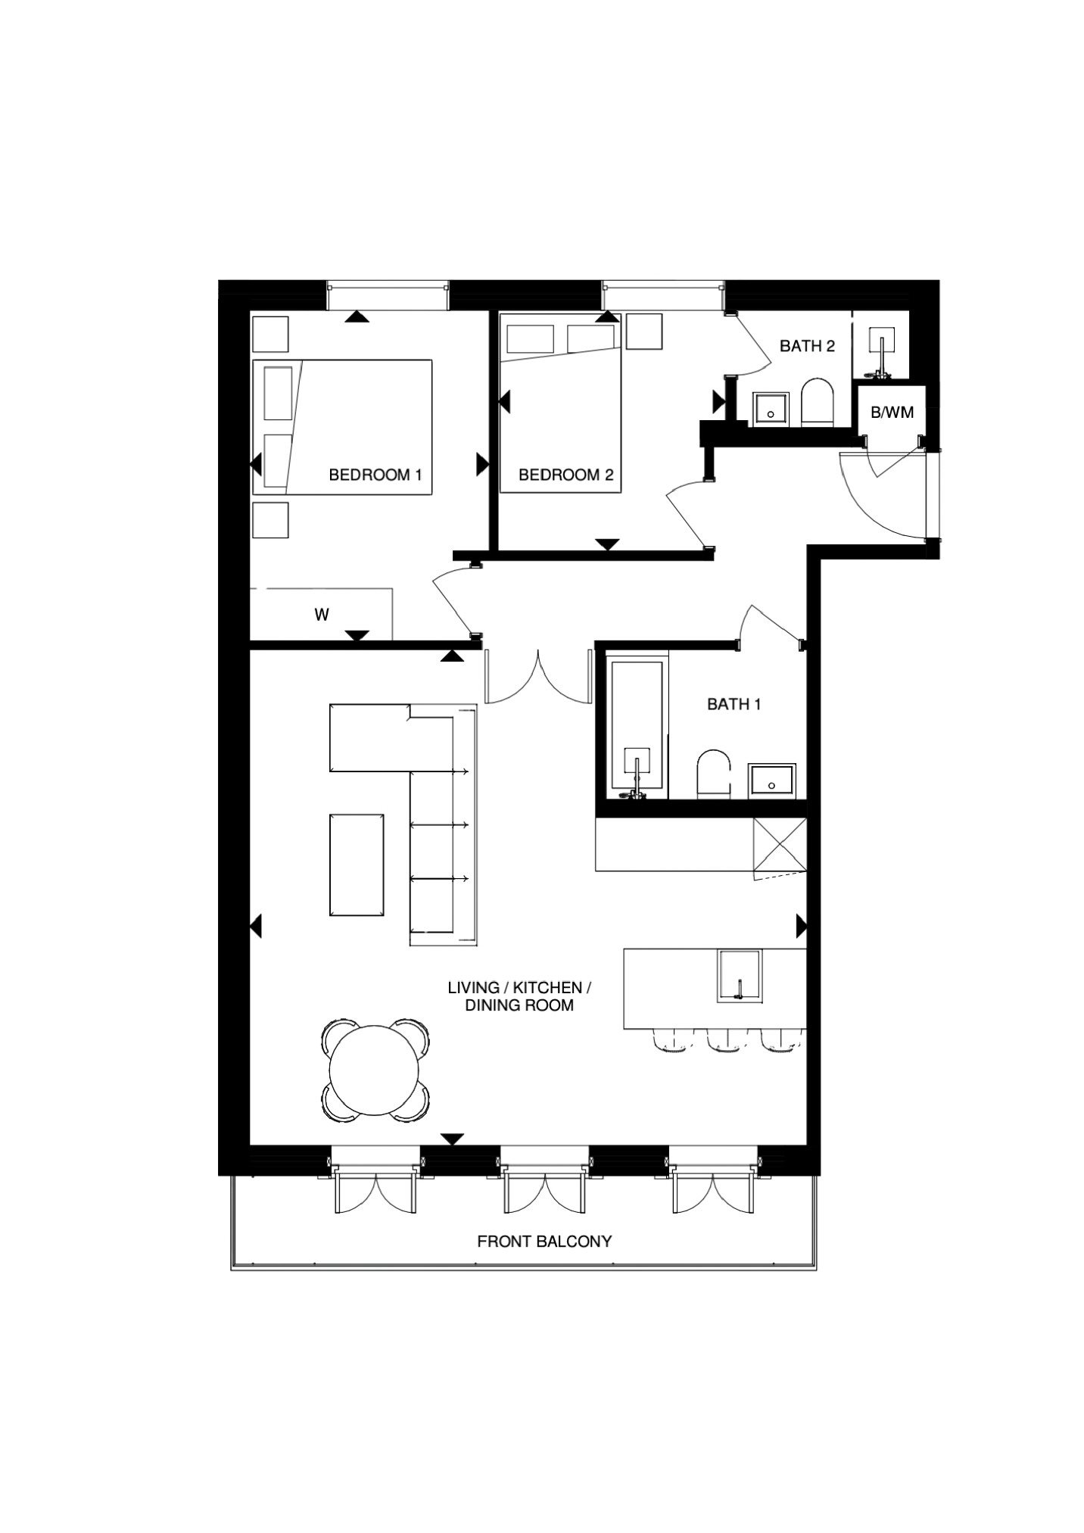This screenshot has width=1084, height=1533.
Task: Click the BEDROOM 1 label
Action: click(x=375, y=475)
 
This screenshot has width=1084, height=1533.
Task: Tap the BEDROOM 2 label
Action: click(x=565, y=475)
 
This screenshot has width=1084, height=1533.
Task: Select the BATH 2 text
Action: click(x=807, y=346)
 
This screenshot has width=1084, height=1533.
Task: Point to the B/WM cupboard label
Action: click(x=892, y=413)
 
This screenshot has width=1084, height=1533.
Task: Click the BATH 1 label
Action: click(x=734, y=704)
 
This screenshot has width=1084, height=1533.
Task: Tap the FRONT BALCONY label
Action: click(x=544, y=1242)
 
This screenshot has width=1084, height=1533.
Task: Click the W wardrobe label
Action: click(x=322, y=615)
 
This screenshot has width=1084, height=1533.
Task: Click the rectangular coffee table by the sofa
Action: click(x=357, y=865)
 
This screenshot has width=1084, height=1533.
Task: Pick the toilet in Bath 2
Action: click(x=816, y=402)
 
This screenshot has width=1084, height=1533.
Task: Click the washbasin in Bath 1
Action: click(x=771, y=781)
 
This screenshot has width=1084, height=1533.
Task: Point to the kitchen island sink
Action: click(x=739, y=976)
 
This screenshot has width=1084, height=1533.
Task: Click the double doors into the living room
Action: click(x=538, y=676)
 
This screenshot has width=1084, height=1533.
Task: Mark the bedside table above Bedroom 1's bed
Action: click(x=270, y=334)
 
